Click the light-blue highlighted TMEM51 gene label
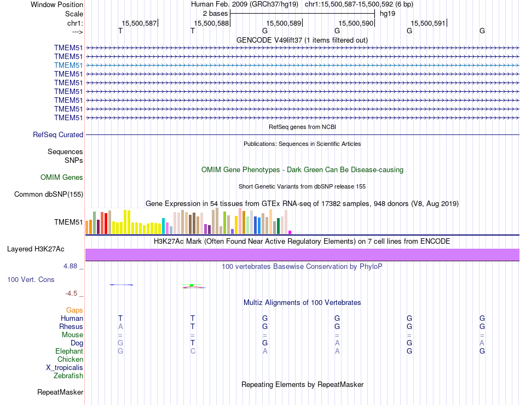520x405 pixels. pyautogui.click(x=68, y=65)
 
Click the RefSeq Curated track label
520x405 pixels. pyautogui.click(x=58, y=134)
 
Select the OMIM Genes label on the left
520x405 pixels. pyautogui.click(x=62, y=177)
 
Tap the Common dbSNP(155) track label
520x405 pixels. pyautogui.click(x=49, y=194)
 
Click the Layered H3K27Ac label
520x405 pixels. pyautogui.click(x=36, y=249)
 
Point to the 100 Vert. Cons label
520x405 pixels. pyautogui.click(x=31, y=279)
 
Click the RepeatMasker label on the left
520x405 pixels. pyautogui.click(x=60, y=392)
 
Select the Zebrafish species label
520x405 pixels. pyautogui.click(x=68, y=375)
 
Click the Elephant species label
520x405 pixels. pyautogui.click(x=69, y=351)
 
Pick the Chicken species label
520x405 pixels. pyautogui.click(x=70, y=359)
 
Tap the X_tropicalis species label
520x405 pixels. pyautogui.click(x=65, y=367)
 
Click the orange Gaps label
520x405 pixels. pyautogui.click(x=74, y=310)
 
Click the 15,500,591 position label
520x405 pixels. pyautogui.click(x=429, y=24)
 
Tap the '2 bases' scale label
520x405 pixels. pyautogui.click(x=215, y=13)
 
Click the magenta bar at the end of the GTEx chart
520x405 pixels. pyautogui.click(x=290, y=232)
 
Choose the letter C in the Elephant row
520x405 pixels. pyautogui.click(x=193, y=351)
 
